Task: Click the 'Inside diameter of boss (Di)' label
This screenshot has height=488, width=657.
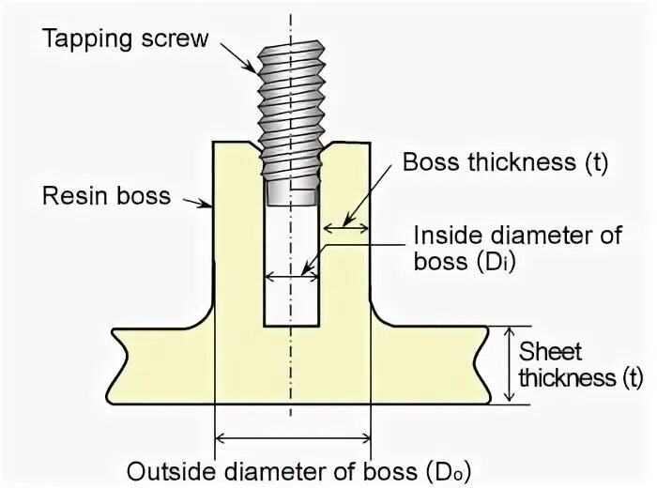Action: click(517, 247)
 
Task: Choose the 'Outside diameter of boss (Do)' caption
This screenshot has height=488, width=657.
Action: click(298, 469)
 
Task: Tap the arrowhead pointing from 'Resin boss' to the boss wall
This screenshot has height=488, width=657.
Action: click(211, 204)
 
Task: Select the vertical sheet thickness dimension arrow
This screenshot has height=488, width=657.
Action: click(510, 364)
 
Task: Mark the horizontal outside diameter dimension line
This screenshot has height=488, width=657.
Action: click(293, 436)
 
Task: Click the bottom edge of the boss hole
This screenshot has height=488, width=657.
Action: click(291, 326)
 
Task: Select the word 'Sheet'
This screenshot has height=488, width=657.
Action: click(551, 353)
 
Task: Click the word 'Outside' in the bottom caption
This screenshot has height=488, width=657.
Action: click(170, 469)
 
